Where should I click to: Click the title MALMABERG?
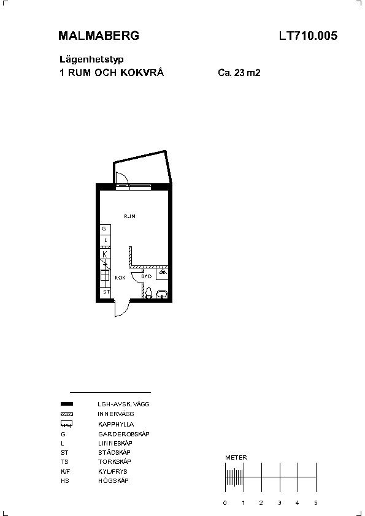tap(99, 36)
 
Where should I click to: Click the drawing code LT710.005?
tap(308, 36)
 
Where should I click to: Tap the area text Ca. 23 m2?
tap(239, 72)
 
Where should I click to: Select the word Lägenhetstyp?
tap(91, 59)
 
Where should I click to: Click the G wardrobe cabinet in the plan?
tap(105, 229)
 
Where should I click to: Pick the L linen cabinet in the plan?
tap(105, 240)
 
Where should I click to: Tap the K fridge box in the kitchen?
tap(105, 254)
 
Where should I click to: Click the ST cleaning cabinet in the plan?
tap(106, 292)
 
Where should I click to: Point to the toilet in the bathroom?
tap(148, 292)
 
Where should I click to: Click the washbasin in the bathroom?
tap(162, 294)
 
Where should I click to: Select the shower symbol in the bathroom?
tap(162, 273)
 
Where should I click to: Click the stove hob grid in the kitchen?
tap(105, 275)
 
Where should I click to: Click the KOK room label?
tap(120, 278)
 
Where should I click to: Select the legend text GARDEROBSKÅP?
tap(123, 434)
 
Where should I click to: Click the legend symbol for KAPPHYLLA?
tap(66, 423)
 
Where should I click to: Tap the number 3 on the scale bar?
tap(279, 503)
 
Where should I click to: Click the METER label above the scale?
tap(236, 457)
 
